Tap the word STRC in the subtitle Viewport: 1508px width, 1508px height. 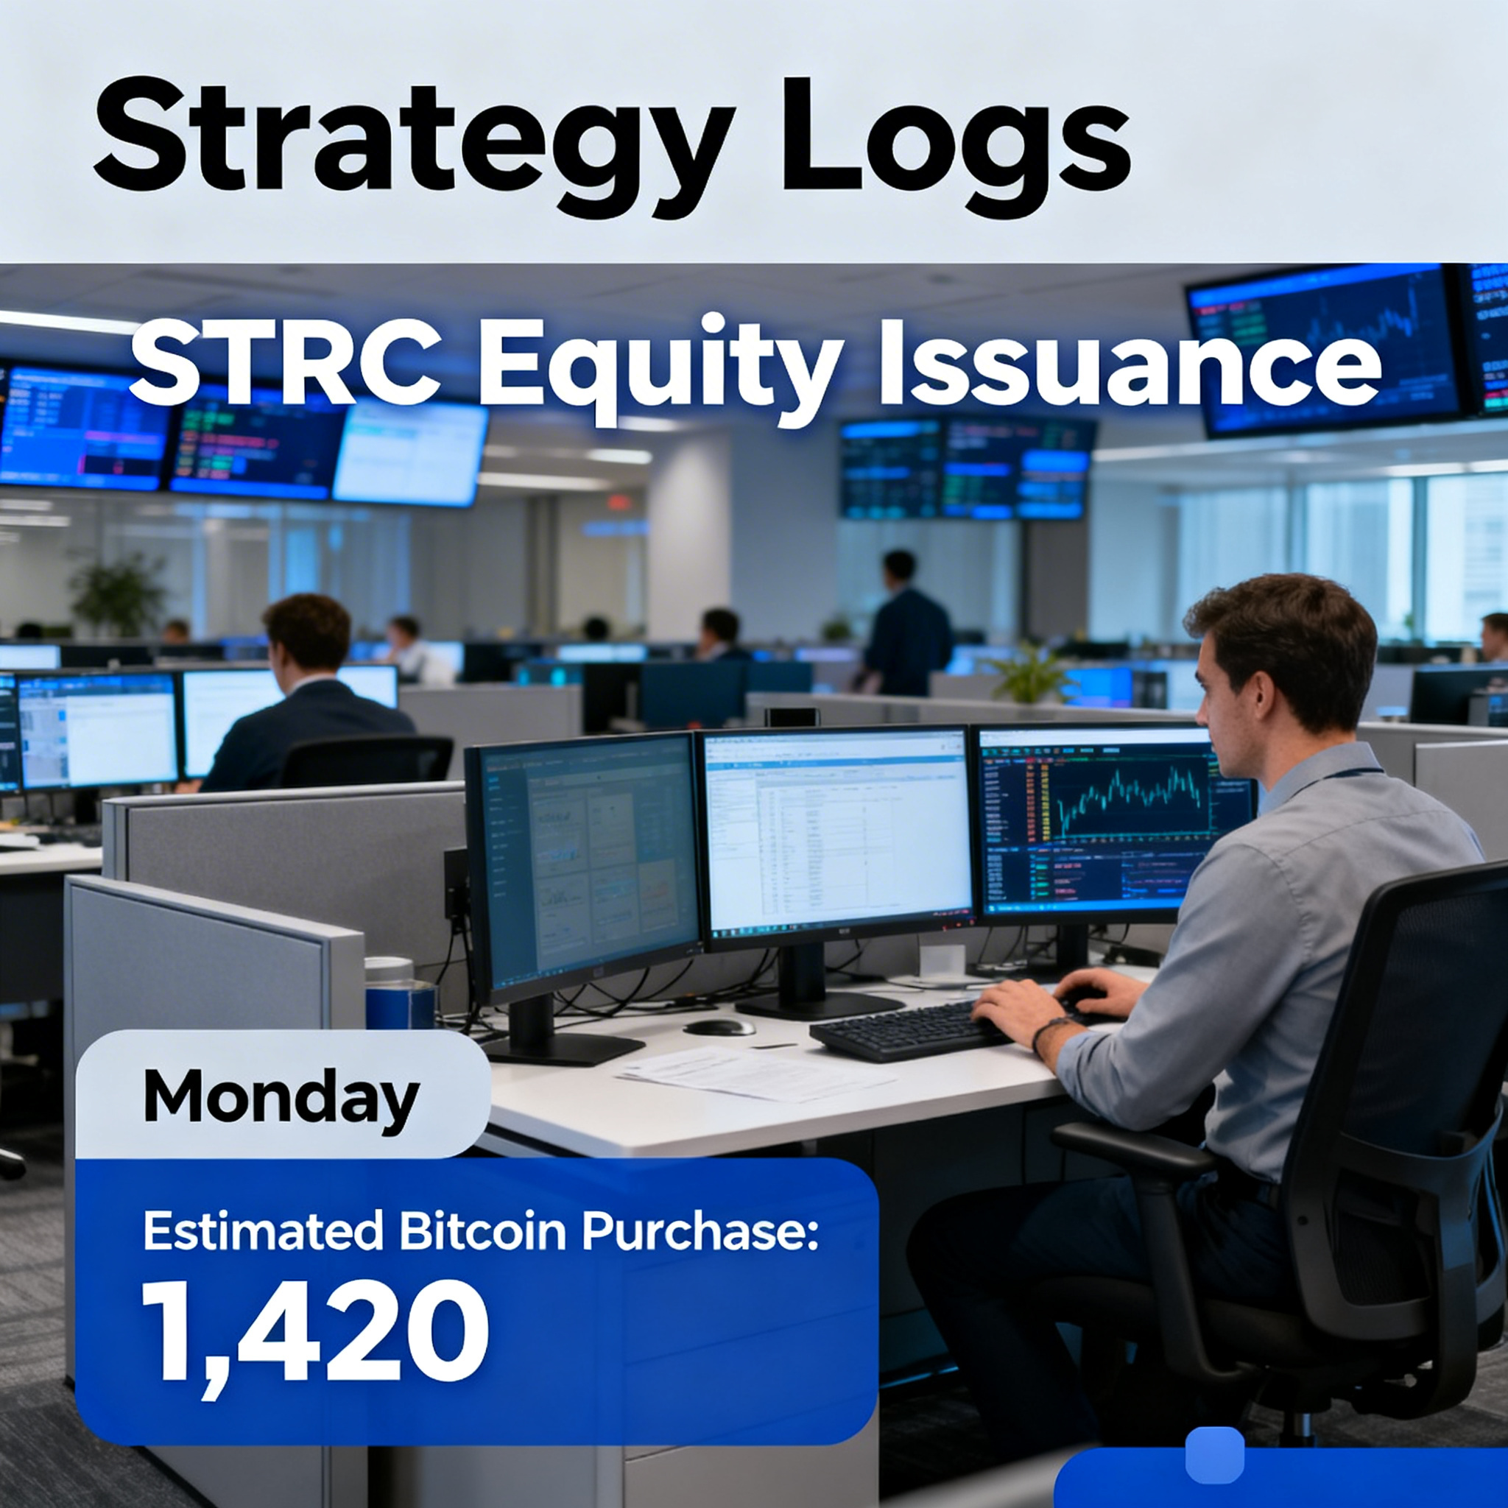[284, 367]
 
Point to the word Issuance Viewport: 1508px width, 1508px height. [1129, 367]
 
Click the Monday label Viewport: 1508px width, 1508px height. [281, 1096]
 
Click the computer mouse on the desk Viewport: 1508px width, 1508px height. [719, 1026]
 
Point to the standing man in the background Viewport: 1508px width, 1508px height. [906, 624]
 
